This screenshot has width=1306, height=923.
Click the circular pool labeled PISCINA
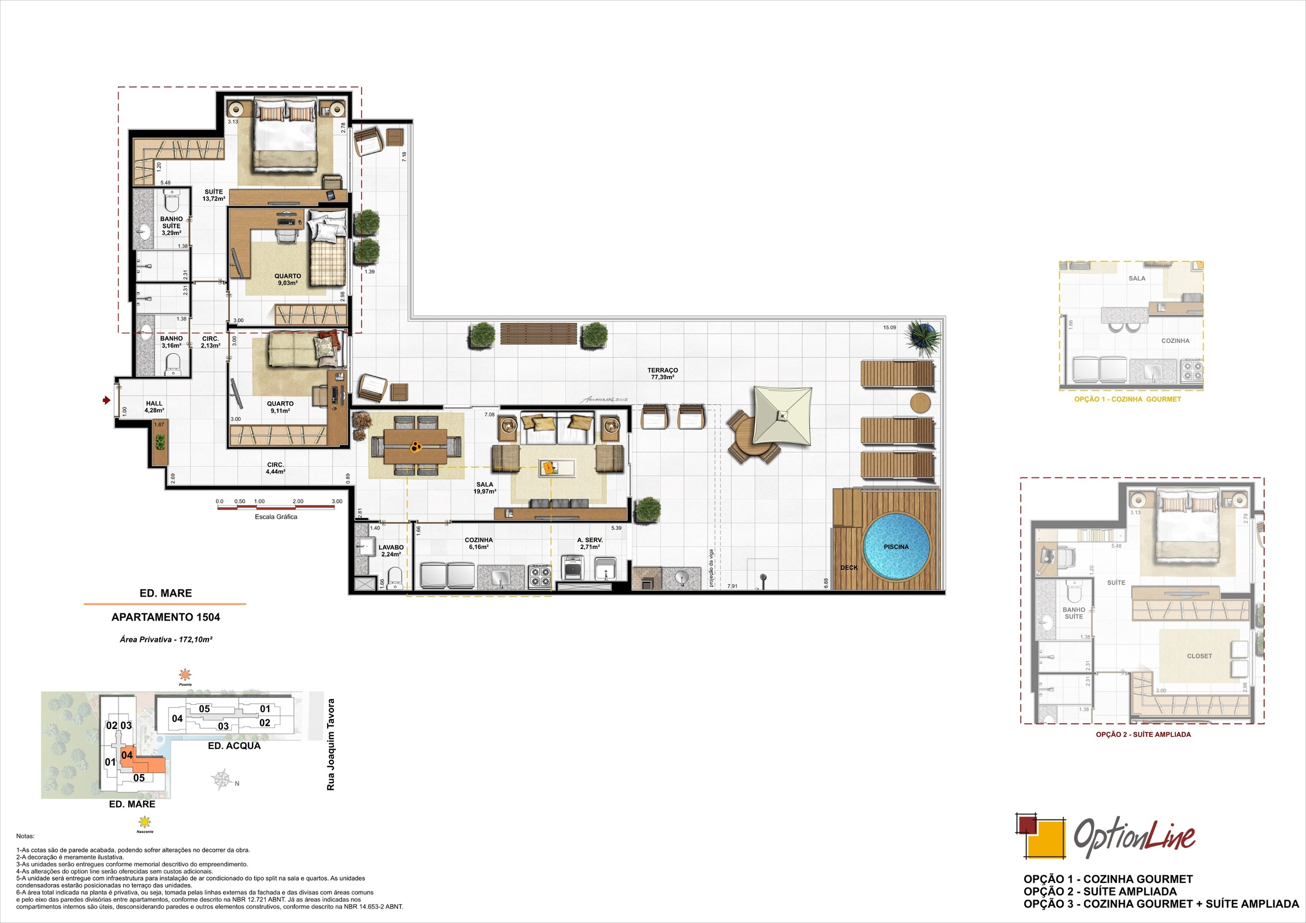(896, 547)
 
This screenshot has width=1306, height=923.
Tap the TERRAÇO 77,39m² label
(663, 373)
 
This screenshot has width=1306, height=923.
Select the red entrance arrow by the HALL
(106, 400)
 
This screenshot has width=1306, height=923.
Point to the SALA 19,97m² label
(485, 488)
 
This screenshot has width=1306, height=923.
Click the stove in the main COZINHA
(540, 576)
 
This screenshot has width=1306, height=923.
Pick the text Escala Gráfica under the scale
(276, 516)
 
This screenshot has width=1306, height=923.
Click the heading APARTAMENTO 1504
(166, 617)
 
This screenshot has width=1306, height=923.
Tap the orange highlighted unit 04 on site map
(127, 755)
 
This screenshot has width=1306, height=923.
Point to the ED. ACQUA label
(234, 746)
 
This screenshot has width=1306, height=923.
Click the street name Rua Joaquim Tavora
(331, 744)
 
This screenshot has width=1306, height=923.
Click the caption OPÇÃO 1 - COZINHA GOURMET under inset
(1127, 399)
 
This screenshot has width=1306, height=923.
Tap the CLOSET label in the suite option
(1199, 656)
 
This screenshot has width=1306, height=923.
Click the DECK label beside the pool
(849, 568)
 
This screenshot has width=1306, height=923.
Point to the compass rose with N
(222, 780)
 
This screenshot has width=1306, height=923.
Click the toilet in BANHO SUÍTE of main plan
(171, 201)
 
